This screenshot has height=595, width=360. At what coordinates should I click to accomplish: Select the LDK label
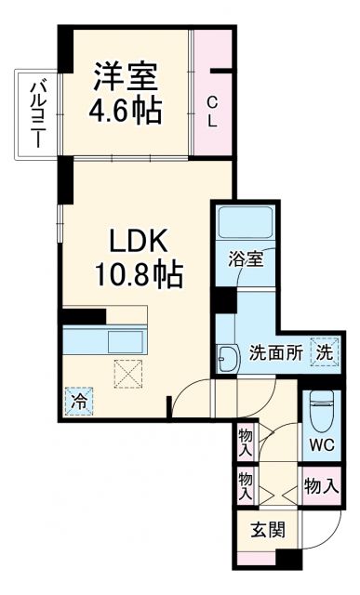coord(141,240)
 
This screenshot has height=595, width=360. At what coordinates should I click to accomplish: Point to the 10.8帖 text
coord(141,276)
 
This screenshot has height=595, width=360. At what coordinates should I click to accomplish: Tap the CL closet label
coord(213,111)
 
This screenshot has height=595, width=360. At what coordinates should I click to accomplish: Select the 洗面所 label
coord(275,353)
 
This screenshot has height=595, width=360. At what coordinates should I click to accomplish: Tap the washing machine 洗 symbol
coord(322,352)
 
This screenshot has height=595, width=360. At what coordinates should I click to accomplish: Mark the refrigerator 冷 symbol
coord(79,403)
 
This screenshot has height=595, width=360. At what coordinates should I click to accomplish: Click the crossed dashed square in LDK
coord(126,374)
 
